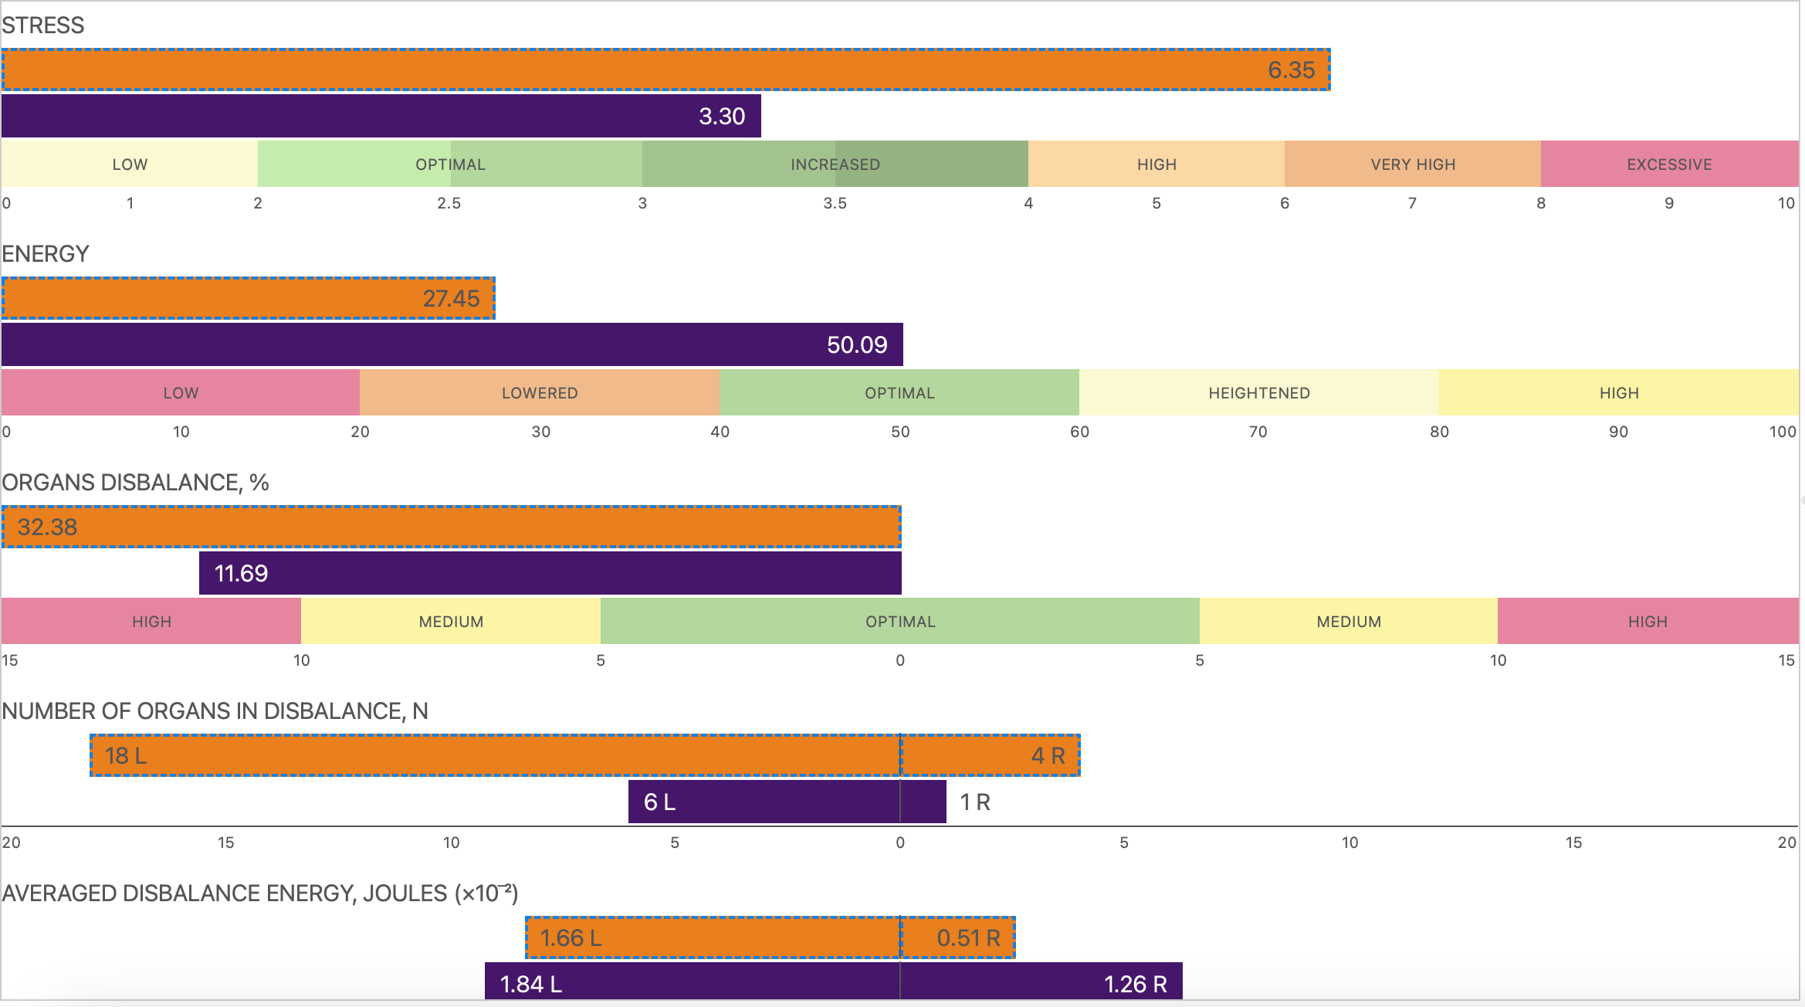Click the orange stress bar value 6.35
pos(1291,70)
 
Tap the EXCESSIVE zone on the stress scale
pos(1669,164)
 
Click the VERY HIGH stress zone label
pos(1413,164)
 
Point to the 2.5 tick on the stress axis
pos(449,203)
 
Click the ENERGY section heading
pos(46,254)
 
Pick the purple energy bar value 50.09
pos(857,345)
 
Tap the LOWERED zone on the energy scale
pos(540,393)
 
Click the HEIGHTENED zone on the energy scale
pos(1259,393)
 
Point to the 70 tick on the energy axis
pos(1258,432)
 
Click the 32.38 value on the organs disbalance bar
pos(47,527)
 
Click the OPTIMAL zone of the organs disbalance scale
pos(900,622)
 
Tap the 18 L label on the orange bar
pos(126,756)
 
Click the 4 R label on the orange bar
pos(1048,756)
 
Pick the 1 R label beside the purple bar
pos(975,802)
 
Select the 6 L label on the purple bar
pos(659,802)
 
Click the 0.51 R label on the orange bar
pos(968,938)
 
